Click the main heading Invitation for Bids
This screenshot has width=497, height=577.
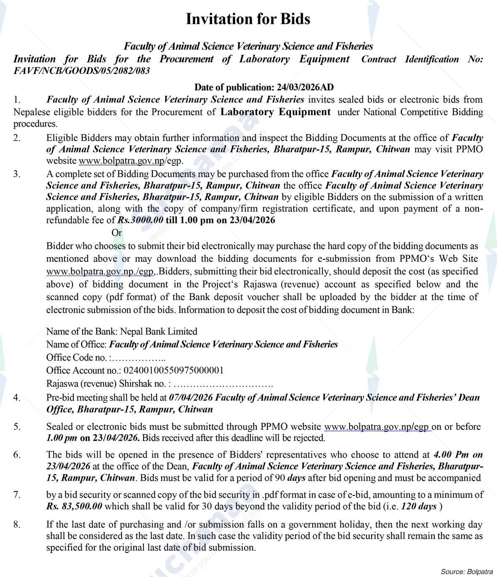click(x=248, y=19)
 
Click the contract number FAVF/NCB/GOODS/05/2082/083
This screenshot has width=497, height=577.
click(x=82, y=71)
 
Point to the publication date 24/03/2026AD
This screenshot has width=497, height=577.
click(x=305, y=87)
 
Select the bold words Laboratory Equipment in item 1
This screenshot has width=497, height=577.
click(x=276, y=112)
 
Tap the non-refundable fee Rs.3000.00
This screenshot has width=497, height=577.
click(x=140, y=220)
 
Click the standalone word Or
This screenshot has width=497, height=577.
click(x=117, y=232)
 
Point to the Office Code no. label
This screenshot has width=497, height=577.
click(x=79, y=357)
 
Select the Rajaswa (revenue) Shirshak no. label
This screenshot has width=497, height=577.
click(x=109, y=383)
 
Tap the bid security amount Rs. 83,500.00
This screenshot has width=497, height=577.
click(x=74, y=506)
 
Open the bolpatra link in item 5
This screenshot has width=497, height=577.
click(x=377, y=427)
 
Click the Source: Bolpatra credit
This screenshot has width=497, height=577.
click(x=467, y=571)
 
